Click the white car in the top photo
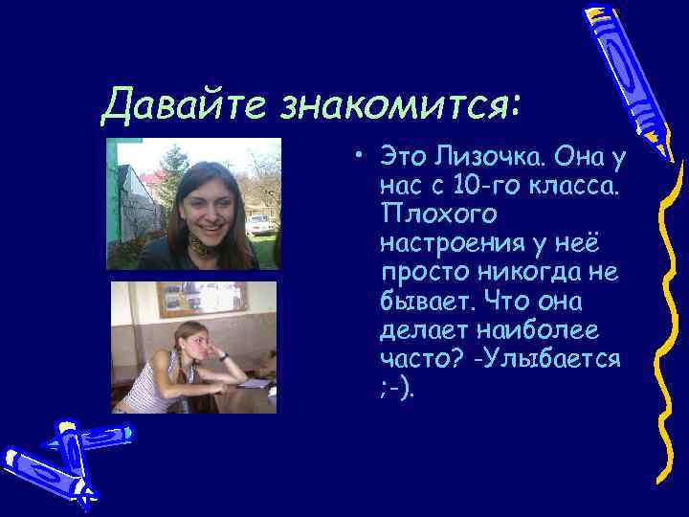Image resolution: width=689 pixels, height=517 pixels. click(259, 224)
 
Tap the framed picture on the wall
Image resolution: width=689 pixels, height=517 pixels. click(201, 298)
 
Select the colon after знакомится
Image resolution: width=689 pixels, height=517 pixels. click(517, 105)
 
